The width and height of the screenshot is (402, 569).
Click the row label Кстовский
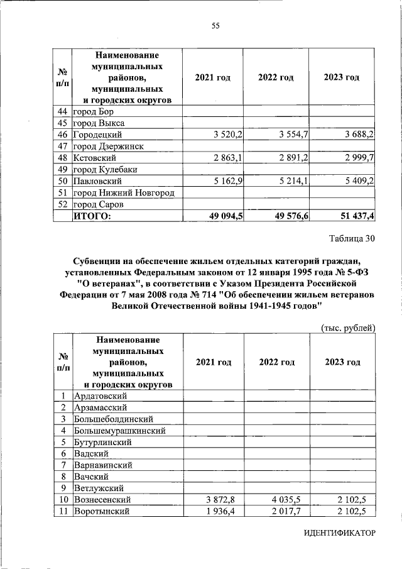[93, 158]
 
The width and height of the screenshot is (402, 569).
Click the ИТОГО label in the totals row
[92, 216]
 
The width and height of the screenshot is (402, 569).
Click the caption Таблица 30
[352, 238]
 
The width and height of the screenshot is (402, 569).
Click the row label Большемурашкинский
[119, 431]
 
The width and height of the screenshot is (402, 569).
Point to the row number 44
[62, 111]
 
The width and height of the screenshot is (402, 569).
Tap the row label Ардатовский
[100, 395]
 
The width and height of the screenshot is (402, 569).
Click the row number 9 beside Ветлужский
[63, 488]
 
